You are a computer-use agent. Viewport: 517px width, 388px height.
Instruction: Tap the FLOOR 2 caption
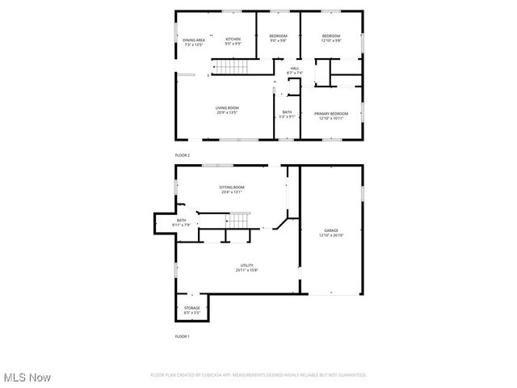(183, 154)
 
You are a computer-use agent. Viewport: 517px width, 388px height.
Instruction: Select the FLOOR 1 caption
(183, 335)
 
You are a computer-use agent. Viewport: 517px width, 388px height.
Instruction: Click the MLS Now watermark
(27, 377)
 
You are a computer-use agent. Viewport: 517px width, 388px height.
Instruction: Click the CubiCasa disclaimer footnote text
(258, 375)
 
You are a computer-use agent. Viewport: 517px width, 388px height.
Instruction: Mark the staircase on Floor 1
(239, 221)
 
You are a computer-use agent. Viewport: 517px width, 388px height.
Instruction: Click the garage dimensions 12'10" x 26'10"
(331, 235)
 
